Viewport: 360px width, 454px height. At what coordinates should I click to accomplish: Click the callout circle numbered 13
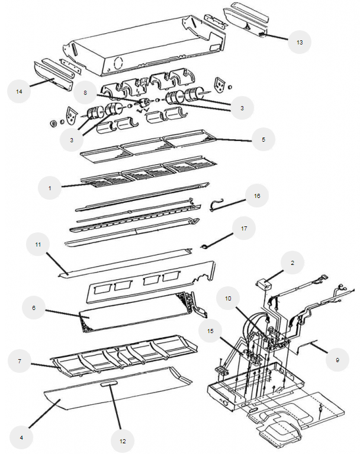[x=300, y=43]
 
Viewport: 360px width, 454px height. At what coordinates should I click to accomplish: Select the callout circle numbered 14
[x=19, y=92]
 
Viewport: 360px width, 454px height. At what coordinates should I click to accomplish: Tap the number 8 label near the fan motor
[x=85, y=92]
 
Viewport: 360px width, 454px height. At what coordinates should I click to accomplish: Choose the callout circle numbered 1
[x=50, y=188]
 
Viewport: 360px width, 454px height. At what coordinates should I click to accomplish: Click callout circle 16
[x=257, y=196]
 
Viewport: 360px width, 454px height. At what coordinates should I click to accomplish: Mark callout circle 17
[x=243, y=228]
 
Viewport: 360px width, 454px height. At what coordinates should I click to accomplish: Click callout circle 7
[x=19, y=361]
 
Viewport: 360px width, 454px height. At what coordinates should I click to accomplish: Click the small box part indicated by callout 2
[x=266, y=284]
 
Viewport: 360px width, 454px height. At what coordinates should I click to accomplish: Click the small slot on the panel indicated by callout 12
[x=109, y=384]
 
